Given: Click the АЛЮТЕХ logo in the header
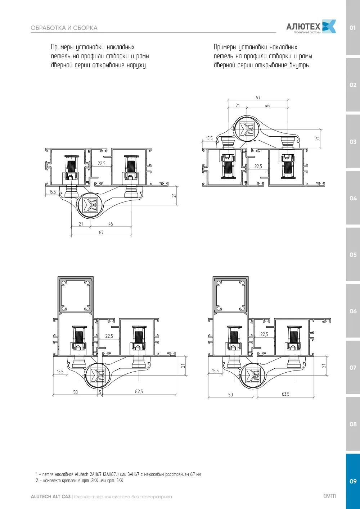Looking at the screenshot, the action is pyautogui.click(x=311, y=27).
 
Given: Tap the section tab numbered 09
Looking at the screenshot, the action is pyautogui.click(x=353, y=481).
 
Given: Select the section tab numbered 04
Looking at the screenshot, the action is pyautogui.click(x=353, y=198).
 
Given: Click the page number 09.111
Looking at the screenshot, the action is pyautogui.click(x=330, y=496).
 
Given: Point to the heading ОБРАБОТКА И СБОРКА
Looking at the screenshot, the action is pyautogui.click(x=64, y=28).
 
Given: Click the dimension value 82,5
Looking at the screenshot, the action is pyautogui.click(x=139, y=391).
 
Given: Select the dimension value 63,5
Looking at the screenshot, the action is pyautogui.click(x=285, y=394).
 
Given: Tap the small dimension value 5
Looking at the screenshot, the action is pyautogui.click(x=100, y=392).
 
